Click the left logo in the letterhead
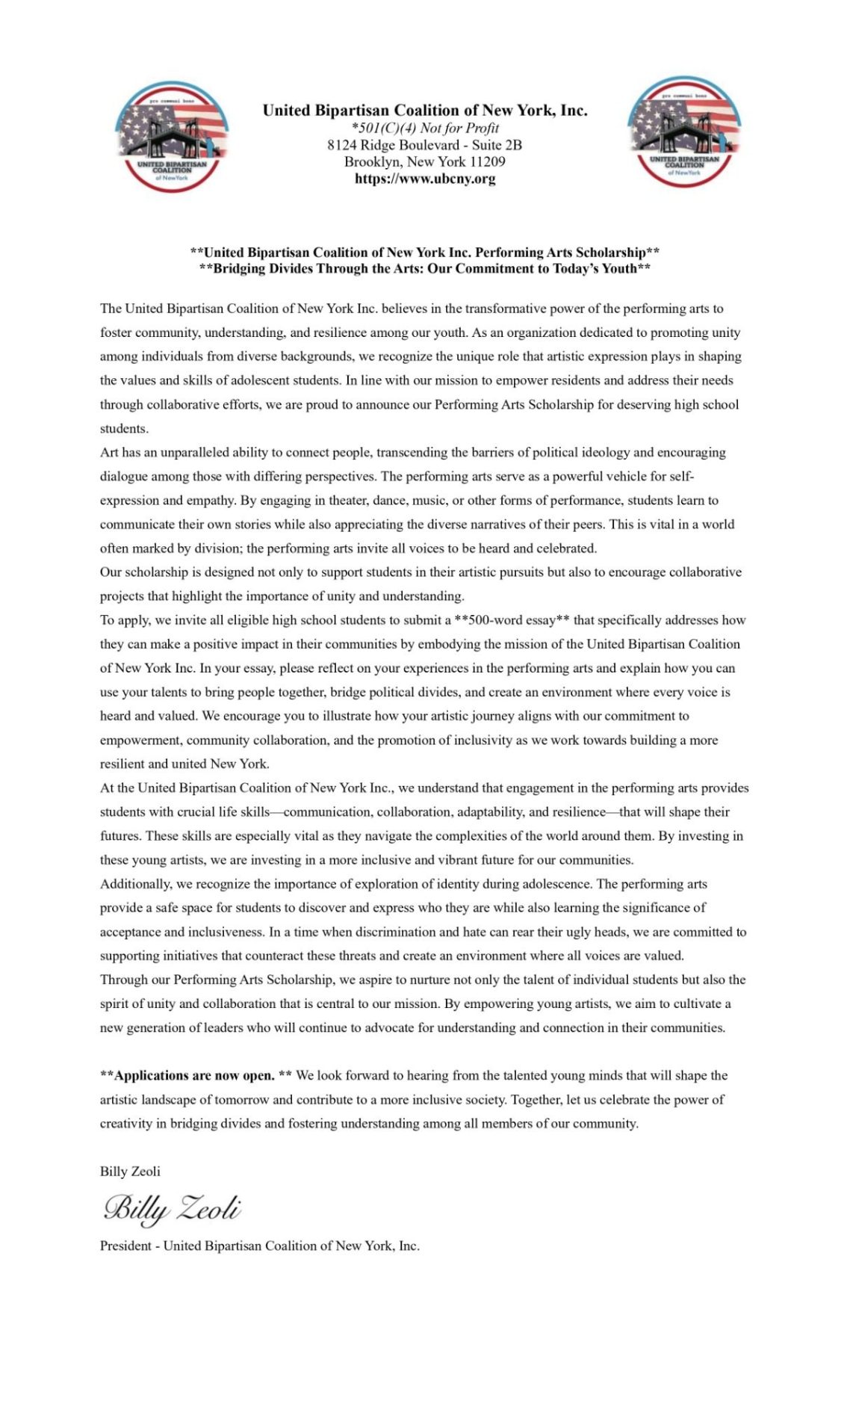tap(172, 136)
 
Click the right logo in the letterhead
tap(684, 132)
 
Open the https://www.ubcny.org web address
tap(424, 179)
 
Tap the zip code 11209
tap(487, 161)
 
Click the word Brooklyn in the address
tap(372, 161)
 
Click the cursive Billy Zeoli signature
tap(172, 1208)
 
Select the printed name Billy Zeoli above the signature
tap(130, 1171)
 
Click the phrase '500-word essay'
tap(512, 620)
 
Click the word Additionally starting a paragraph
tap(136, 884)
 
